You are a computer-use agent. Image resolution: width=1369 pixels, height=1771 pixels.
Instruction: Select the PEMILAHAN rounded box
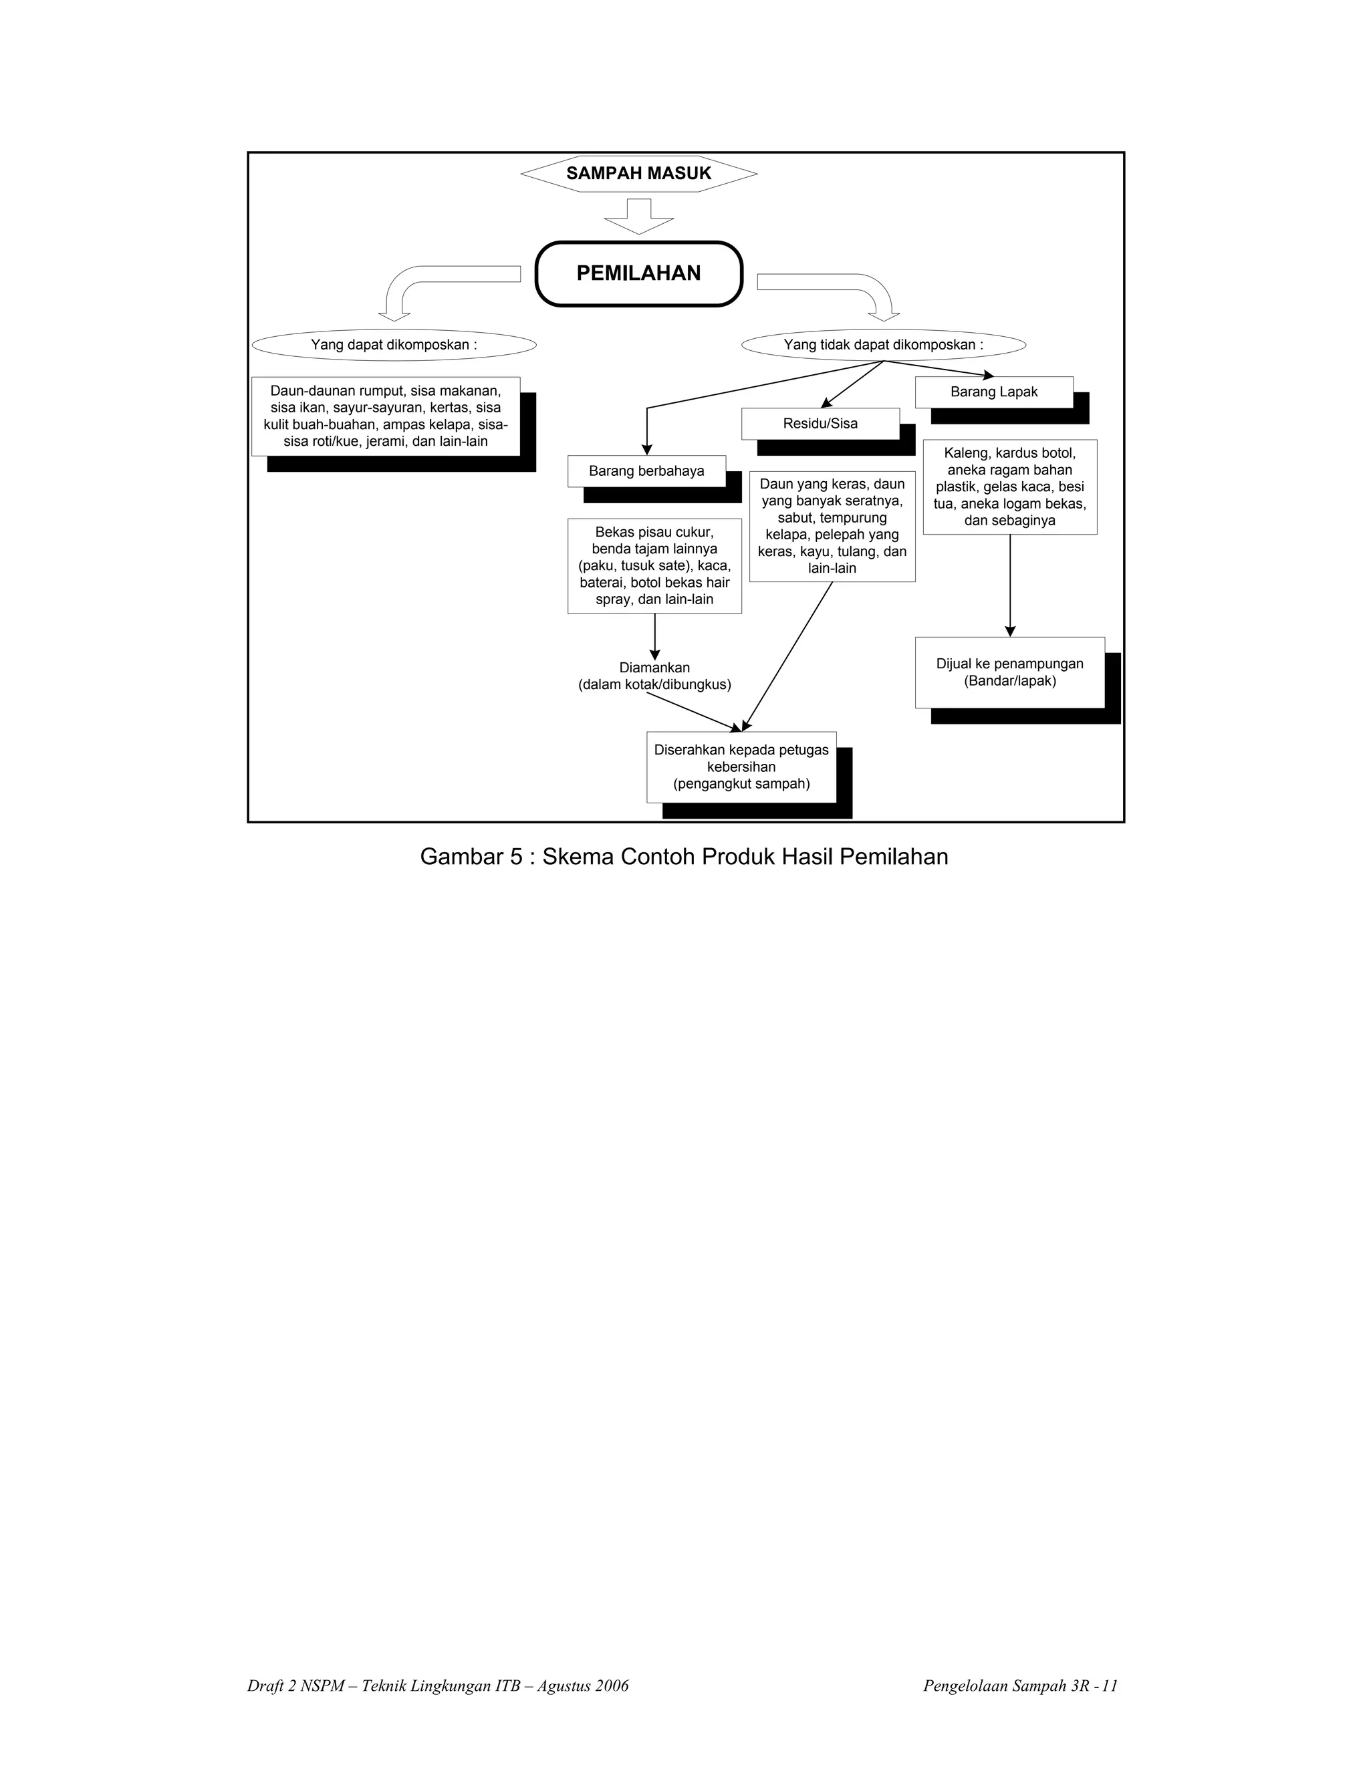pos(639,274)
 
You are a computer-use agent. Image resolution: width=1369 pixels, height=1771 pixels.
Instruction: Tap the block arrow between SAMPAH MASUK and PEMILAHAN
pos(639,217)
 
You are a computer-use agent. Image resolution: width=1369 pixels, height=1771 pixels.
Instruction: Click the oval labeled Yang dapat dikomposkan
pos(394,346)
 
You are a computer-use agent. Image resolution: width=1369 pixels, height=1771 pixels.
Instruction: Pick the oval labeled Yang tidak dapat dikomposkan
pos(883,346)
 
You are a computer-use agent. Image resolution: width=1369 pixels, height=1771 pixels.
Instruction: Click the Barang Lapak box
pos(994,392)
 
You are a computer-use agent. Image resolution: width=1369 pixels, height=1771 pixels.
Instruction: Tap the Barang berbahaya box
pos(646,471)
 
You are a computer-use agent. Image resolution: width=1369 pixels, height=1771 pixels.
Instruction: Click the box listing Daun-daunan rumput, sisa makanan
pos(386,416)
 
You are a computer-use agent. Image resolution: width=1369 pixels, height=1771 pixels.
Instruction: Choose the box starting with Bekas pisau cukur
pos(654,566)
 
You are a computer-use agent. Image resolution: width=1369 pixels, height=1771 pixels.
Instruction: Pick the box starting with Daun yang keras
pos(832,526)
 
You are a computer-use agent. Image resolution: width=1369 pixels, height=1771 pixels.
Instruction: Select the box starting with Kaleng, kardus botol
pos(1010,487)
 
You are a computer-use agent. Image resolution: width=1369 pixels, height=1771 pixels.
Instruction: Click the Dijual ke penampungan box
pos(1010,672)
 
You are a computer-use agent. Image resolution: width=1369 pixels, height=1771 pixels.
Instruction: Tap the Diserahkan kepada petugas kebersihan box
pos(741,767)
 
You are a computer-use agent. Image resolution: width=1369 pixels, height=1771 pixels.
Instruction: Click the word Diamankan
pos(654,668)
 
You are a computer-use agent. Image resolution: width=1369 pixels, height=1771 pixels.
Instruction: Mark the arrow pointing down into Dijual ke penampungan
pos(1010,585)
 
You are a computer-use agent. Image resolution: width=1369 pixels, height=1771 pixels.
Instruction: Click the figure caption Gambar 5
pos(684,857)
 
